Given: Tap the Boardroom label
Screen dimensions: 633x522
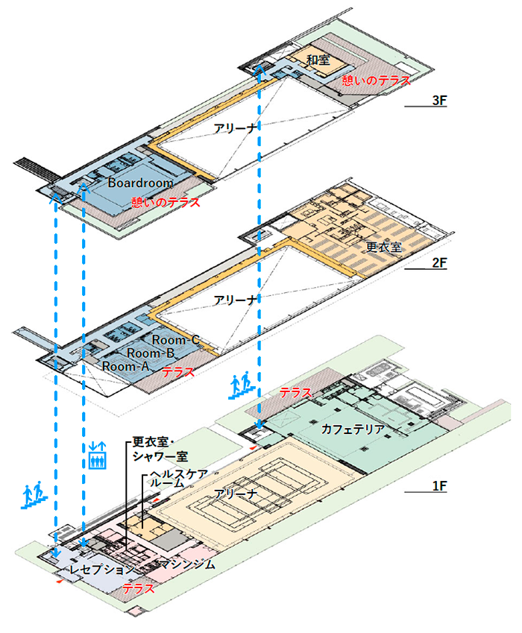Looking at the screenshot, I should click(x=140, y=182).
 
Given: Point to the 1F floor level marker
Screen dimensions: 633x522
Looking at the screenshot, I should click(x=438, y=486).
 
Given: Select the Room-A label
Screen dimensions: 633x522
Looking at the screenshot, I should click(x=126, y=366).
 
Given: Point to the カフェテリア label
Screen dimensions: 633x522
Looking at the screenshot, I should click(x=353, y=429).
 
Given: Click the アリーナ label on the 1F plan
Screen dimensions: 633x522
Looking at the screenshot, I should click(x=236, y=494).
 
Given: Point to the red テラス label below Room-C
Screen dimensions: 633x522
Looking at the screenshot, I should click(x=177, y=371).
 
